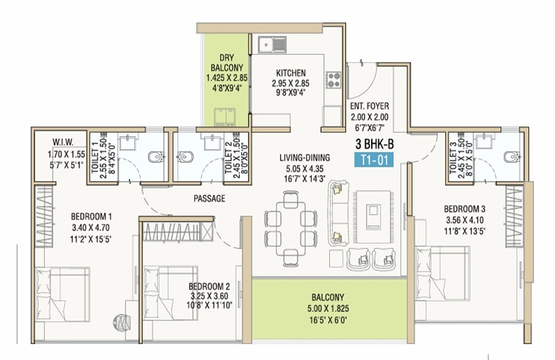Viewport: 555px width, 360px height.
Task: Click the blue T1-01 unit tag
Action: click(374, 160)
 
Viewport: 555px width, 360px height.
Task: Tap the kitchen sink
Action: click(272, 45)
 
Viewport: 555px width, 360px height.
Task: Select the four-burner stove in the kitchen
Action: click(333, 79)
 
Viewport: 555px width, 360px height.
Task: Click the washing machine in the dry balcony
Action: click(224, 117)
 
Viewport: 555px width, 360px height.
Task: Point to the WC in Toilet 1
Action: click(156, 157)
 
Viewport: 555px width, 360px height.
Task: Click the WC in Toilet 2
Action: click(185, 157)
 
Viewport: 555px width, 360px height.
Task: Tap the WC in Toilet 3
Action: click(512, 157)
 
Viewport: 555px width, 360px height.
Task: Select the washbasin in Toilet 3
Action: click(484, 141)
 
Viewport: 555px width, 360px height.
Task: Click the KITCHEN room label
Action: click(291, 74)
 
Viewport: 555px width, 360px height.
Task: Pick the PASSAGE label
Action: click(209, 198)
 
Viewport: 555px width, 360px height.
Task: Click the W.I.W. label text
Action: click(63, 142)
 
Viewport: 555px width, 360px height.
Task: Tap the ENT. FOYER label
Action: click(370, 106)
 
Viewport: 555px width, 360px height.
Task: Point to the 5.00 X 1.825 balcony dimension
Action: click(328, 309)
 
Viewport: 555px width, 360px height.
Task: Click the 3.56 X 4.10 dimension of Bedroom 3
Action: click(465, 220)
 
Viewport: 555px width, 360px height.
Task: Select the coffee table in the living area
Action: click(374, 216)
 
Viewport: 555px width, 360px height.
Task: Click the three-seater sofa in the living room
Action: click(338, 213)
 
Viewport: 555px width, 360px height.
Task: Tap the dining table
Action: click(291, 228)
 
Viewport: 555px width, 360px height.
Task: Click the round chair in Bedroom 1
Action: click(122, 322)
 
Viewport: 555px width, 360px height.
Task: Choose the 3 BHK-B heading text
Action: click(375, 144)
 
